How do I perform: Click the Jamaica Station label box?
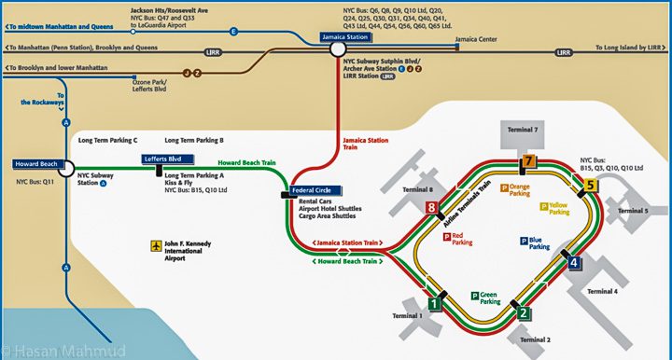click(345, 38)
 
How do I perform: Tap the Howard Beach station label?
click(37, 164)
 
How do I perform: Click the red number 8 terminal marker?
click(431, 208)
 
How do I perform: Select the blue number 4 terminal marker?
click(575, 263)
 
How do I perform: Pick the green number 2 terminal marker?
click(524, 313)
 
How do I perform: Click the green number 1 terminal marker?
click(434, 302)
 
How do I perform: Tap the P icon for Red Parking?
click(446, 237)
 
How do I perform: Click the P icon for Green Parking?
click(475, 296)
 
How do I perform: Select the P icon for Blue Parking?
click(524, 241)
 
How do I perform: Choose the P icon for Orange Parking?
click(504, 187)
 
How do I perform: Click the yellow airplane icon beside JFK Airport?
click(156, 246)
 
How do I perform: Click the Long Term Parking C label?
click(108, 140)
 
